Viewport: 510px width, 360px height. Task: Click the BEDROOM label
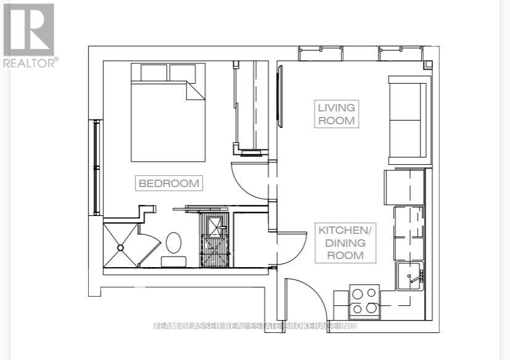click(169, 183)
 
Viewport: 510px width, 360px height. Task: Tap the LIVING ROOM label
click(336, 114)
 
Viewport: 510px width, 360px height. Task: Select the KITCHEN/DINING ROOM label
click(345, 242)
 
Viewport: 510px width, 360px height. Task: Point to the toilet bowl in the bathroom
click(174, 242)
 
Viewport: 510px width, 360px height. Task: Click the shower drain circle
click(120, 248)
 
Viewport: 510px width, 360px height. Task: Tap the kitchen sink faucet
click(416, 277)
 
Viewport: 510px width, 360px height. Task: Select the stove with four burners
click(364, 302)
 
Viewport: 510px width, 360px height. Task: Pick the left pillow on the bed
click(154, 73)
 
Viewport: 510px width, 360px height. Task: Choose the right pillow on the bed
click(182, 73)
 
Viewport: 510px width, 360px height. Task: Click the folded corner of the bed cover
click(195, 91)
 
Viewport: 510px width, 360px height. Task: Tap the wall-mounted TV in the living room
click(280, 96)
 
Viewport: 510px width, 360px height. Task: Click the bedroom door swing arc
click(246, 186)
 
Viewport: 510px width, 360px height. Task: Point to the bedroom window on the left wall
click(96, 167)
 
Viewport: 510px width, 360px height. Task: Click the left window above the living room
click(321, 53)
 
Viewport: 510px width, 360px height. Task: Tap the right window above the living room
click(401, 53)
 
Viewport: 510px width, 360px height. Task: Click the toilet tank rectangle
click(174, 262)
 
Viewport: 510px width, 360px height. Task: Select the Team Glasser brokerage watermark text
click(255, 326)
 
